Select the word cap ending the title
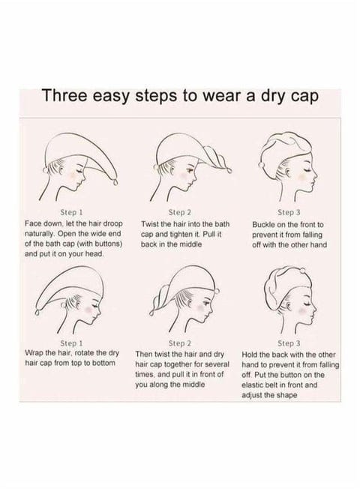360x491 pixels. click(x=301, y=96)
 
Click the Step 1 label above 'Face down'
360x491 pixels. click(x=70, y=213)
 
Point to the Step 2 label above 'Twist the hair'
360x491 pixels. click(x=180, y=213)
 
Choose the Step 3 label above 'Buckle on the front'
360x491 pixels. click(x=289, y=213)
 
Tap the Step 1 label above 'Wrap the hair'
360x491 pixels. click(x=70, y=342)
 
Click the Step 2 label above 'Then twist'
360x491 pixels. click(x=180, y=342)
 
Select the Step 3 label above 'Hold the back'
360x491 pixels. click(x=289, y=342)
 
